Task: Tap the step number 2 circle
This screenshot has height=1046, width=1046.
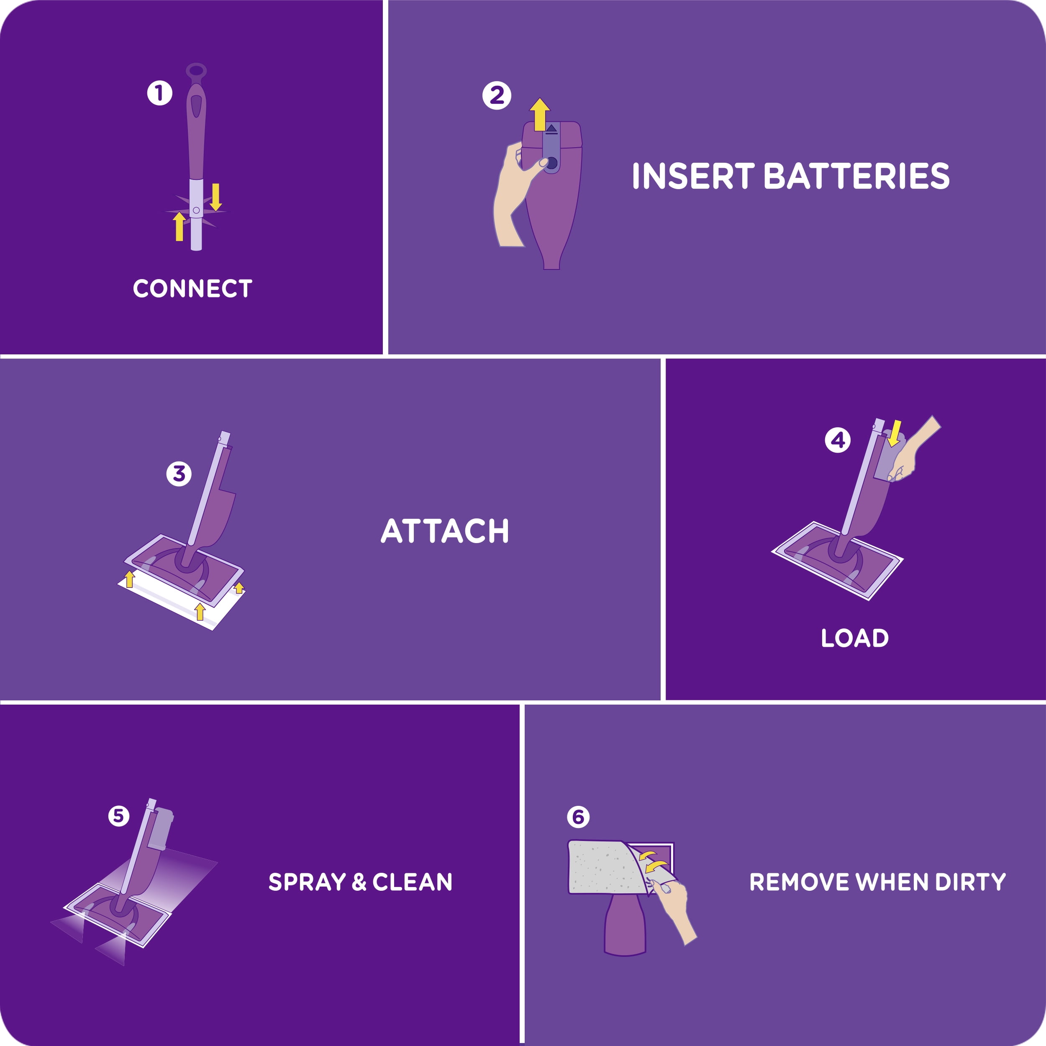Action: tap(497, 96)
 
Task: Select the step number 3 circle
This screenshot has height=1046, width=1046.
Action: tap(179, 474)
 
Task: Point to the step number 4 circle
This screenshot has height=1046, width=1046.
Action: tap(837, 440)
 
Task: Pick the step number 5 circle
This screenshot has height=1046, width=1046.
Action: tap(118, 815)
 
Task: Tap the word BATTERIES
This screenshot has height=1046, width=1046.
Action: tap(856, 176)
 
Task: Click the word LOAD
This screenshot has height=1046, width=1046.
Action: tap(854, 638)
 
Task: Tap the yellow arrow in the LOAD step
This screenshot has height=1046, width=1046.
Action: tap(895, 433)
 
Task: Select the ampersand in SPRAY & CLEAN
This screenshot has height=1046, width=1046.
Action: tap(359, 882)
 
